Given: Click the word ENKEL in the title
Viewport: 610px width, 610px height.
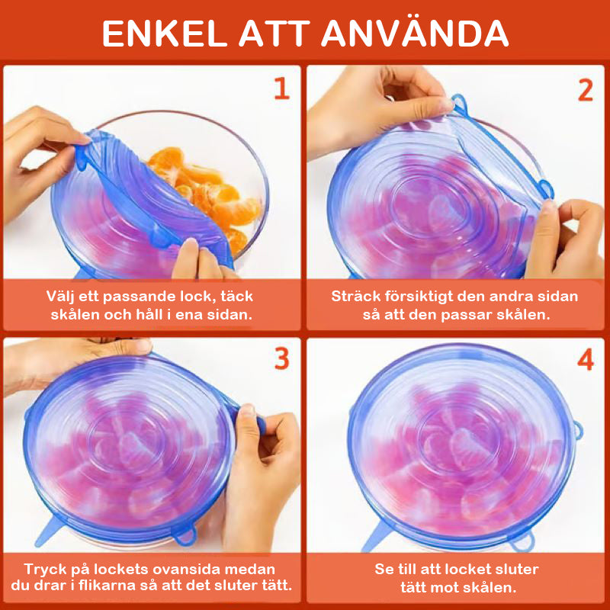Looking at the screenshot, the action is pos(165,34).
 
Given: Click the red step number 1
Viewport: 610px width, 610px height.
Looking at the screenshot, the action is pos(282,88).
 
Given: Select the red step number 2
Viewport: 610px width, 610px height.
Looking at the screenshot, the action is pos(586,91).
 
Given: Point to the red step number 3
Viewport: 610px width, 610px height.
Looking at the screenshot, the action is pos(282,358).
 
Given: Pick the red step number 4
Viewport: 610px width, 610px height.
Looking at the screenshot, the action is pos(586,359).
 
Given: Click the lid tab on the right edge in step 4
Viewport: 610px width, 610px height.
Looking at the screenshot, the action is pos(578,430).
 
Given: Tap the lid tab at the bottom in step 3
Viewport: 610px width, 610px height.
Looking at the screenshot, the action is pos(184,535).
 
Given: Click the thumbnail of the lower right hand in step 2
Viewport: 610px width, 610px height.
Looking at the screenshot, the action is pos(548,207).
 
